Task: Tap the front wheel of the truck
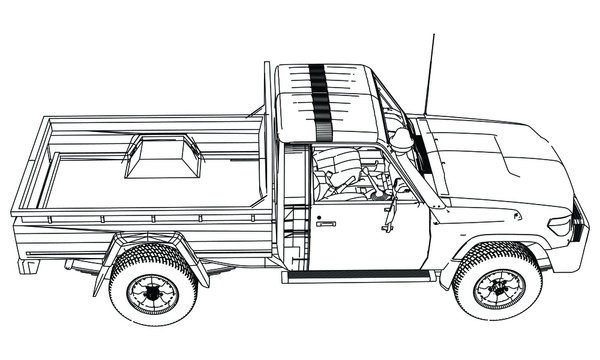coord(497,282)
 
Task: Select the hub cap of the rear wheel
coord(153,293)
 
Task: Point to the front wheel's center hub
coord(498,287)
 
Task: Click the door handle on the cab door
coord(326,224)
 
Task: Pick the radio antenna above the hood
coord(430,75)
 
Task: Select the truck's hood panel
coord(490,160)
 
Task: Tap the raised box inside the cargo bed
coord(163,157)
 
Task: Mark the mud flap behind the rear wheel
coord(101,275)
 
